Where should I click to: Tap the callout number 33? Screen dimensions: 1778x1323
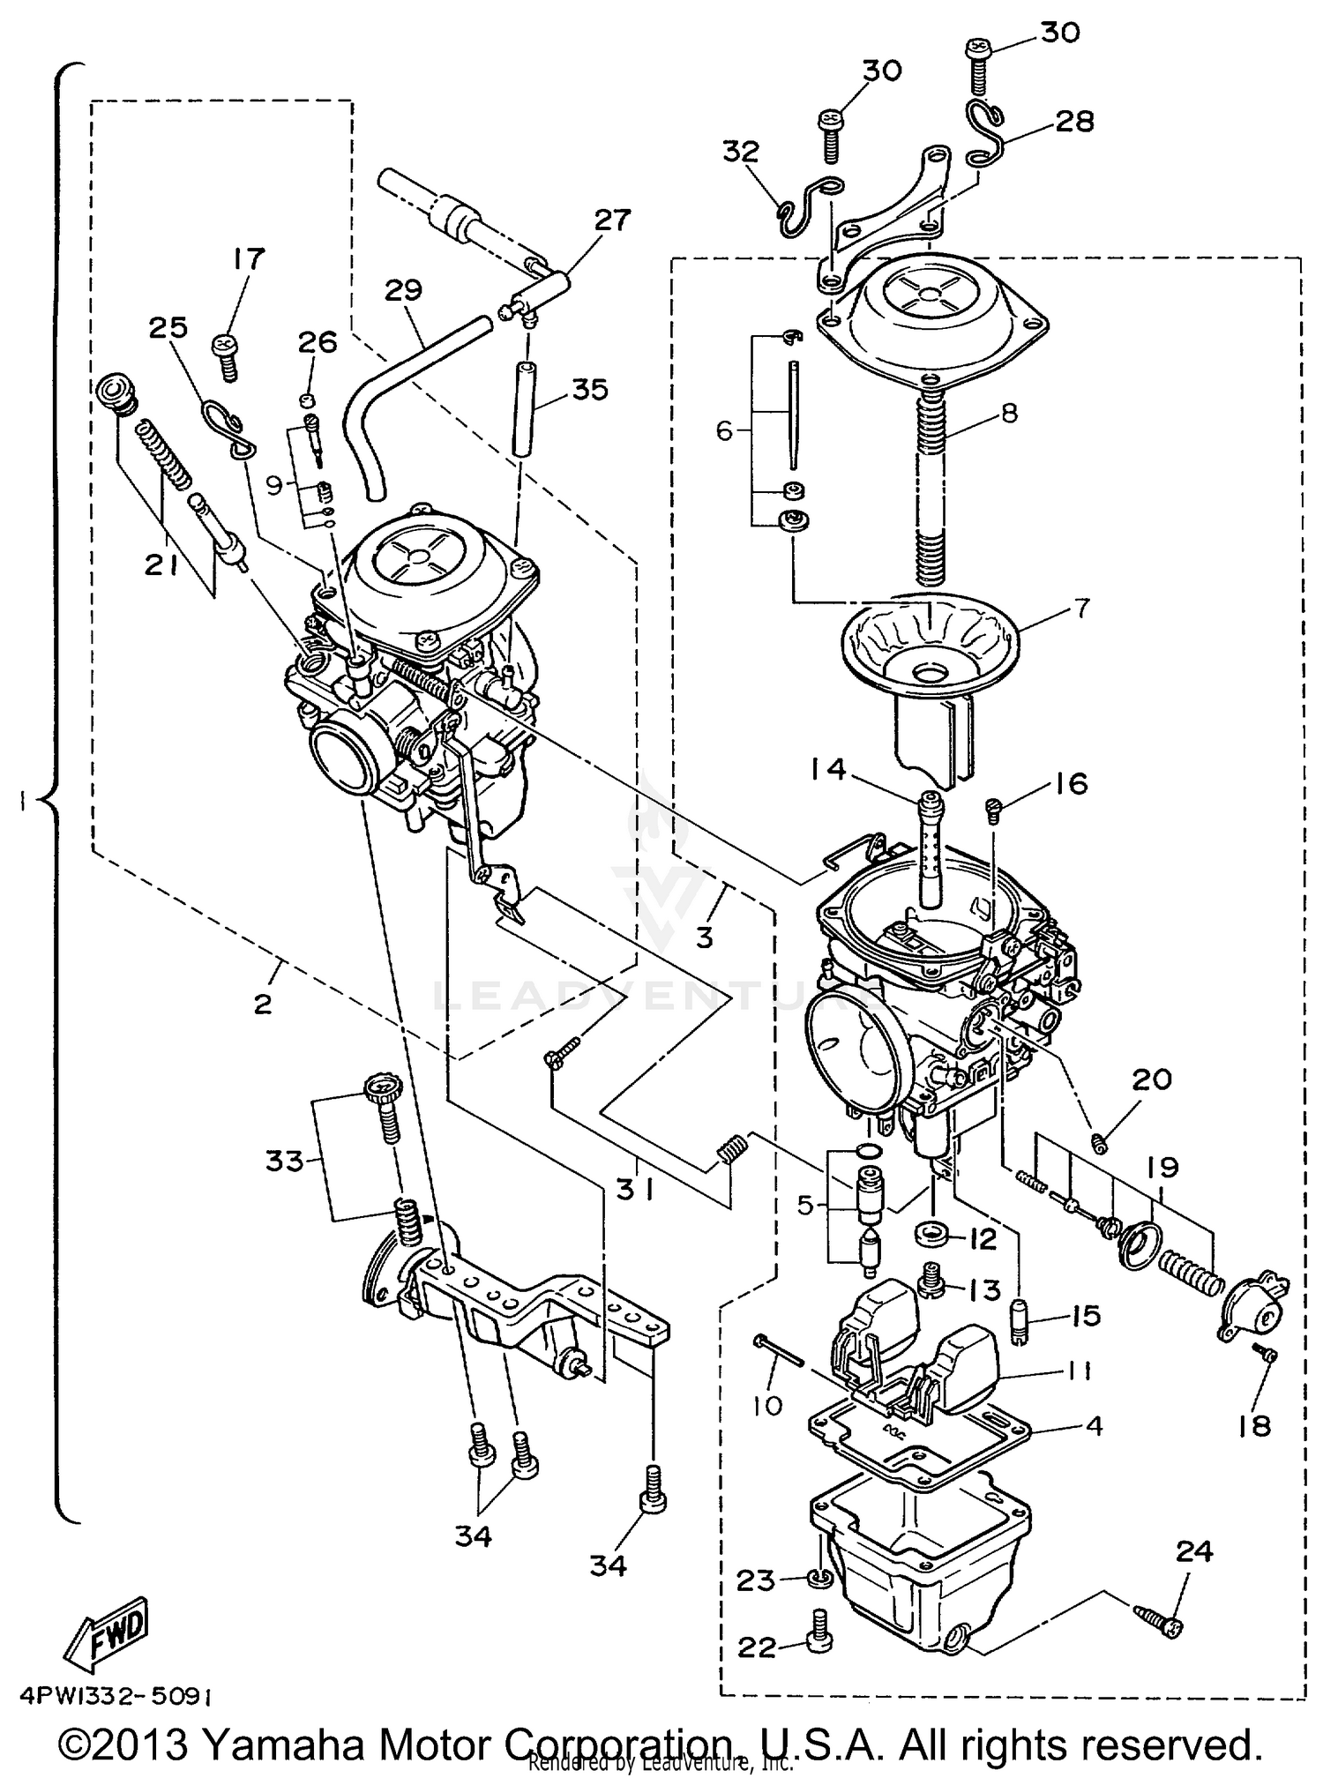[285, 1162]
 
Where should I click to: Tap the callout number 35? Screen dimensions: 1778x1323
[589, 389]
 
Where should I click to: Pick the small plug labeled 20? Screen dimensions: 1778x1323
[1099, 1144]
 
